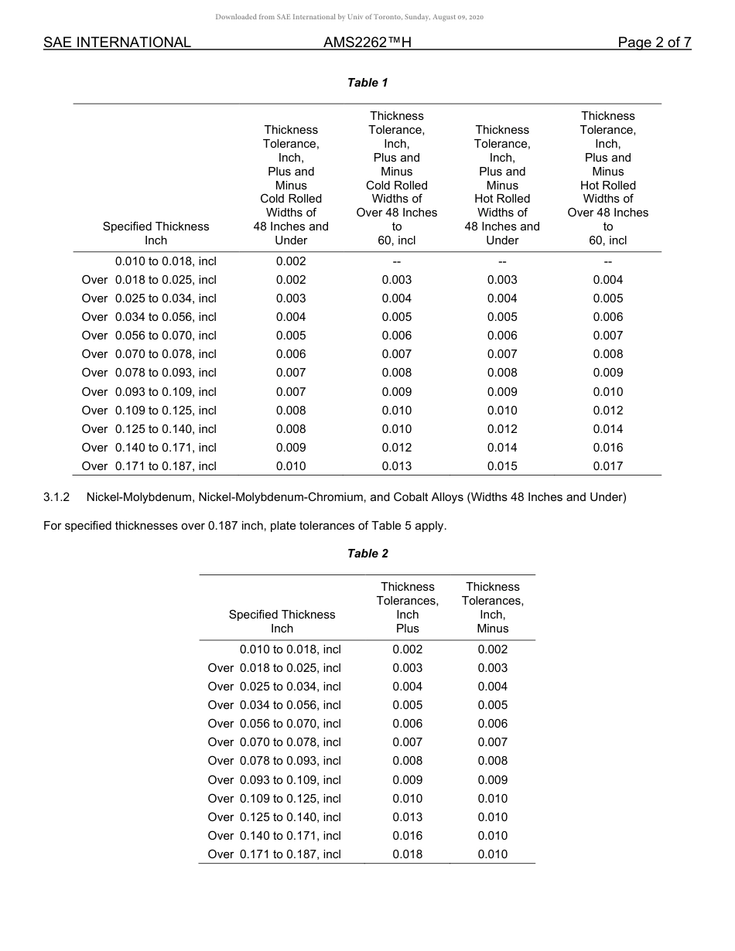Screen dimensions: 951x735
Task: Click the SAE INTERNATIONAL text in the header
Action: (x=117, y=43)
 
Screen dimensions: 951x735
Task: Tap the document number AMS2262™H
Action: (x=367, y=43)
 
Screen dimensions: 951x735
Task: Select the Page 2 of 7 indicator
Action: (x=654, y=43)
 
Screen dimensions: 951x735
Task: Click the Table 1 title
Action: (x=367, y=83)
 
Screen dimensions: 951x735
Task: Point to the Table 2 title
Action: (x=367, y=554)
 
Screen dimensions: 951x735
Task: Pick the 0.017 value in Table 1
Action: (x=607, y=466)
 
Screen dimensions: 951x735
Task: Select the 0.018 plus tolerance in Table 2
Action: (x=407, y=854)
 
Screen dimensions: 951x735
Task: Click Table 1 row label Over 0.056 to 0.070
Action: (x=149, y=336)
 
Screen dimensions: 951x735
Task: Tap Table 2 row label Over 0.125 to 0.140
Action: (x=275, y=817)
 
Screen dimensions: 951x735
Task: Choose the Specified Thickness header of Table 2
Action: (x=282, y=622)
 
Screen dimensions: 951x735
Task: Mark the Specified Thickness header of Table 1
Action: (x=156, y=233)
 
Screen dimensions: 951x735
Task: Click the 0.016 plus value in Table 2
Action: (x=407, y=836)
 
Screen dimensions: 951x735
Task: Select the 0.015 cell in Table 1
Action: (x=502, y=466)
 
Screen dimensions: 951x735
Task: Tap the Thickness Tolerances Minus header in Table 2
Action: (x=492, y=608)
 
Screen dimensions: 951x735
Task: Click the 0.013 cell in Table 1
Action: (x=396, y=466)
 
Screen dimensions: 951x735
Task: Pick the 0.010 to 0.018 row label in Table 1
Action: (x=166, y=261)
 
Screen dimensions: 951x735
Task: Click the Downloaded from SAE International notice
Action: (x=349, y=17)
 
